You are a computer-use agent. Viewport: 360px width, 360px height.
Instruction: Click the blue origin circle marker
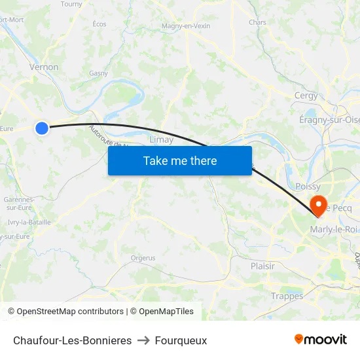coord(42,128)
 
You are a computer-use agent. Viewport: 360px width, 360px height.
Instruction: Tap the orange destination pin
coord(318,205)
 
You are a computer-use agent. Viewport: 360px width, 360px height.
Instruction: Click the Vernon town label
coord(44,67)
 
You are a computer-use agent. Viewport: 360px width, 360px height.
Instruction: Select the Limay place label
coord(162,139)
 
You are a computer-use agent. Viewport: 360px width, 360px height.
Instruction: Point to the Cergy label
coord(306,96)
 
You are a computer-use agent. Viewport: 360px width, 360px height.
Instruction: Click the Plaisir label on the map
coord(262,266)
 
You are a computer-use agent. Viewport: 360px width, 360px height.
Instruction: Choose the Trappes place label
coord(287,296)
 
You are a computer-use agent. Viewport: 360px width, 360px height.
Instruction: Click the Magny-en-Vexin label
coord(186,26)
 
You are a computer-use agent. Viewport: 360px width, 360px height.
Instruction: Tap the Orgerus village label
coord(143,258)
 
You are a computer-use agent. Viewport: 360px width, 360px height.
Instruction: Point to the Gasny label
coord(98,73)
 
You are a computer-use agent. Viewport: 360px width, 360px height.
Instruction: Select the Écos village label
coord(99,24)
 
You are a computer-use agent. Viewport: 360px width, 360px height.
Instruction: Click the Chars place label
coord(257,22)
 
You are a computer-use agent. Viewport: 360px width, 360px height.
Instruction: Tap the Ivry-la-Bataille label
coord(29,223)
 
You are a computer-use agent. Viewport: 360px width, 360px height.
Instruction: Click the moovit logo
coord(320,339)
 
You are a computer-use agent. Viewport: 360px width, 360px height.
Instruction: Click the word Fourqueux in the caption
coord(181,340)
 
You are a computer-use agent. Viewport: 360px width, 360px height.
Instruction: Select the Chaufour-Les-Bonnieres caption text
coord(72,340)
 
